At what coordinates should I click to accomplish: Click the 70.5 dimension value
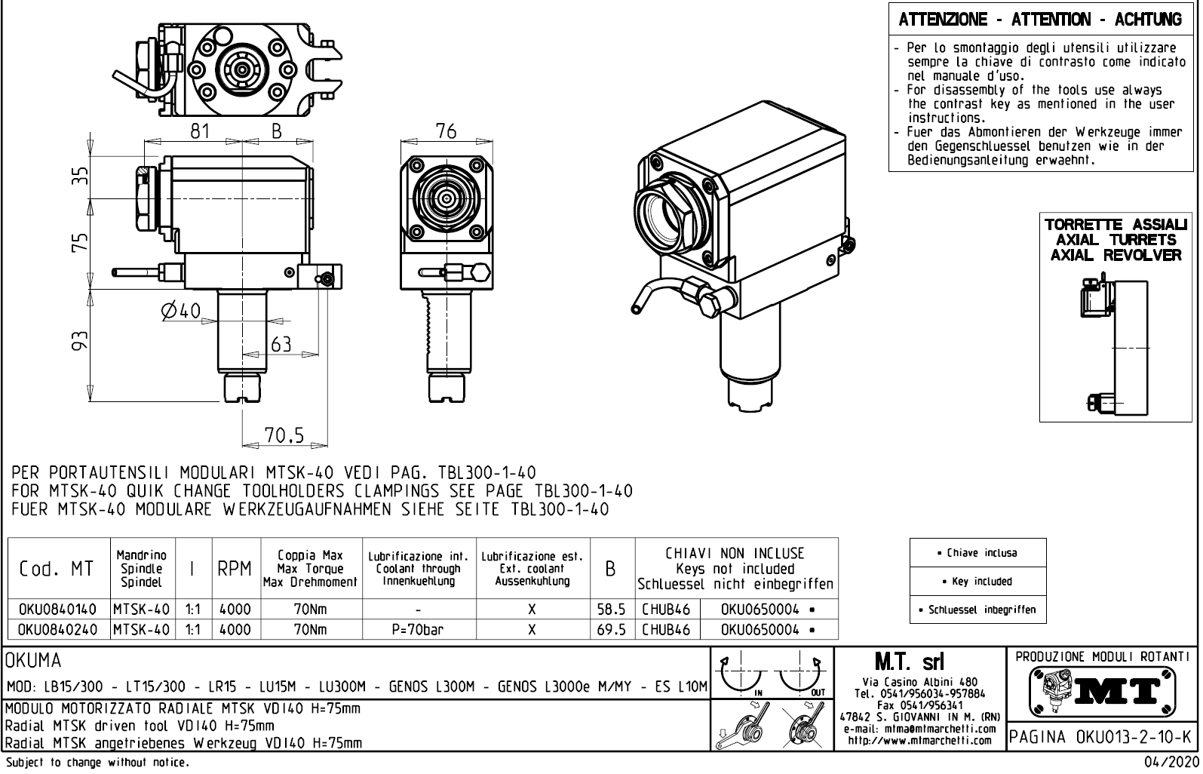[x=284, y=435]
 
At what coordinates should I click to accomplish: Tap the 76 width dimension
[x=446, y=131]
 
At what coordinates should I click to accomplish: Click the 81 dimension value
[x=199, y=131]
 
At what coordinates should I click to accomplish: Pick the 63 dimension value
[x=281, y=345]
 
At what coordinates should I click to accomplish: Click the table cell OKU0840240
[x=57, y=629]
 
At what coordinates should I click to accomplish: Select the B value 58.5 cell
[x=612, y=609]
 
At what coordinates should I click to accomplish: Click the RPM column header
[x=235, y=570]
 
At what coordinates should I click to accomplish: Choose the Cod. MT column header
[x=57, y=570]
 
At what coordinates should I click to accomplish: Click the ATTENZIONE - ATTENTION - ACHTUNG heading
[x=1040, y=20]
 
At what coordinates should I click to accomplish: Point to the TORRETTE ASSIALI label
[x=1116, y=226]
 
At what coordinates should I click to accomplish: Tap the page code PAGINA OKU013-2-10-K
[x=1102, y=736]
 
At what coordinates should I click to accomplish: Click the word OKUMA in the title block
[x=35, y=661]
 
